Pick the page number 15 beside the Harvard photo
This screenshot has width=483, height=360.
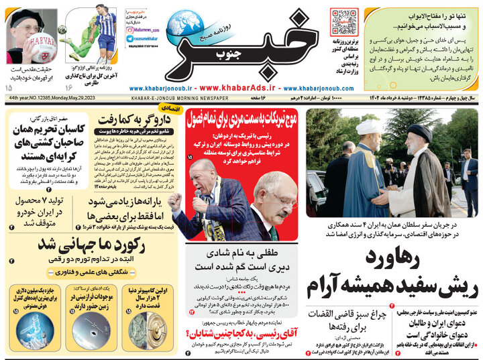pyautogui.click(x=8, y=88)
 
